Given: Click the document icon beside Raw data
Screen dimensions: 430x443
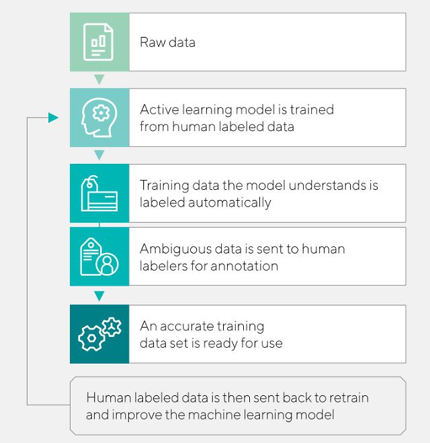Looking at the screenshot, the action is click(x=98, y=42).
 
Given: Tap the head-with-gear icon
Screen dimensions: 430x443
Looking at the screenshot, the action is click(x=99, y=117).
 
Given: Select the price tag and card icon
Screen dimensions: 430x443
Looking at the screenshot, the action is click(x=99, y=193).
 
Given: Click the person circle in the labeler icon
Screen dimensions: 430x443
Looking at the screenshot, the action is click(x=107, y=264).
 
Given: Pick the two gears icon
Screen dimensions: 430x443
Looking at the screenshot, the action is click(x=99, y=334).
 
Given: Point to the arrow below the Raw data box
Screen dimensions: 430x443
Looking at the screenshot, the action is click(x=99, y=79).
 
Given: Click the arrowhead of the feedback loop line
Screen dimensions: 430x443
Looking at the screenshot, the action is click(x=53, y=117).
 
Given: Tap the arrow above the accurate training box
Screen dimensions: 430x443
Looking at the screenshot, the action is click(x=99, y=296).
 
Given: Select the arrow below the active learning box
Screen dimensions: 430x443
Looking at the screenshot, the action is click(x=99, y=155).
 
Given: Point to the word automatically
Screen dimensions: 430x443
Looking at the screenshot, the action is click(x=229, y=203).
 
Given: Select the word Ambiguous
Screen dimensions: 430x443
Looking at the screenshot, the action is click(x=175, y=250).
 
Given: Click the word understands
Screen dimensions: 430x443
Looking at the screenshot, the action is click(x=327, y=185).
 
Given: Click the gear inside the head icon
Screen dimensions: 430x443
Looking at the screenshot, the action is click(x=101, y=113).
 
